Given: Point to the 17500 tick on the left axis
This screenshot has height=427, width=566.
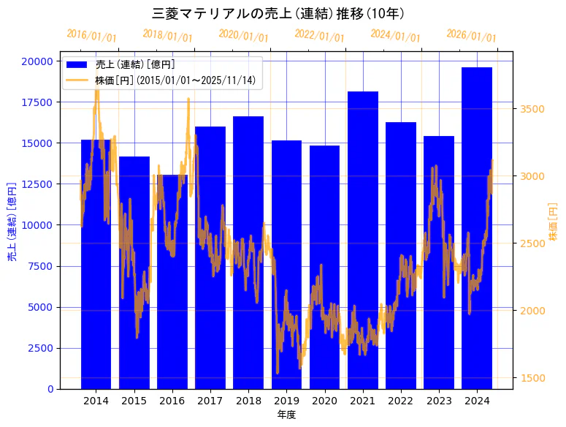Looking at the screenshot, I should coord(37,102).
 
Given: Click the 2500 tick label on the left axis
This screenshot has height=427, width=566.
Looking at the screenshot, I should coord(40,348).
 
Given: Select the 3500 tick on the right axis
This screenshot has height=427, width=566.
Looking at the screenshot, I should coord(532,109).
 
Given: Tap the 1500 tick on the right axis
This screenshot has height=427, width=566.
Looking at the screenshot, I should coord(532,378).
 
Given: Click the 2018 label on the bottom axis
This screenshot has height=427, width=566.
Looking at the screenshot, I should coord(248,401).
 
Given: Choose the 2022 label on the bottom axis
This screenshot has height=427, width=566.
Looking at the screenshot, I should coord(401,401).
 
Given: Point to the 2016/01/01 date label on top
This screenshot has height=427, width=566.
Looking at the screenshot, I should coord(91,36).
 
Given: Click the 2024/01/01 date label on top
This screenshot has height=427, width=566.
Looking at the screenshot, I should coord(395,36).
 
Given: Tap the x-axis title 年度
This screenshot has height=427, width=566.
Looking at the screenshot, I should coord(286,415).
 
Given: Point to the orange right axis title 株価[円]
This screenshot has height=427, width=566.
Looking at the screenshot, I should coord(553,223).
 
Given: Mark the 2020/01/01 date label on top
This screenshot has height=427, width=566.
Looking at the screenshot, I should coord(243,36).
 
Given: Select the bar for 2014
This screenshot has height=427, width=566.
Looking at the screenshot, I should coord(96,264).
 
